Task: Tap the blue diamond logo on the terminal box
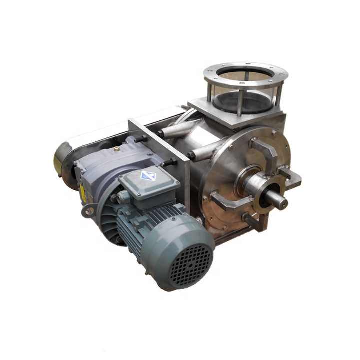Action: (x=148, y=176)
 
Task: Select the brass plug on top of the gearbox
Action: (x=116, y=148)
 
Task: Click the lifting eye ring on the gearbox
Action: (x=89, y=210)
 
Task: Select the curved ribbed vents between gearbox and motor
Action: (x=108, y=220)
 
